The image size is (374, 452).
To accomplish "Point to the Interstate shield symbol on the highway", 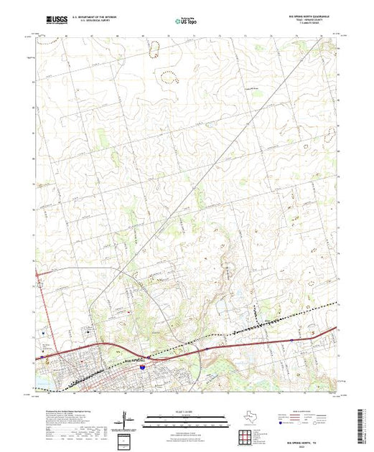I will (143, 367).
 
